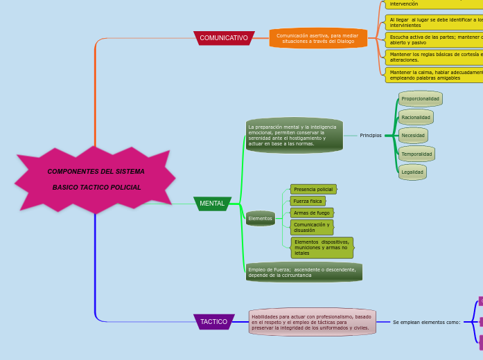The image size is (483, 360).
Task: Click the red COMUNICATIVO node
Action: pos(224,38)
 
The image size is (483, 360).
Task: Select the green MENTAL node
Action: pos(212,204)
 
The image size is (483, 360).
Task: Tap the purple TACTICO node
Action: pos(213,322)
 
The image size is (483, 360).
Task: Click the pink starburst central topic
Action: pos(96,179)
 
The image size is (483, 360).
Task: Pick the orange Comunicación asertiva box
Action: pos(317,38)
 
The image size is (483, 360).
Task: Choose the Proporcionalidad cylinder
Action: pos(421,99)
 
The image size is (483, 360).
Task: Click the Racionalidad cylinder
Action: pos(416,118)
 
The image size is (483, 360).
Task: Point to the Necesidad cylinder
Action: pos(413,136)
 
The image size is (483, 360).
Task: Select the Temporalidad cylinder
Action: pos(416,154)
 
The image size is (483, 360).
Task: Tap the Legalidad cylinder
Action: pos(412,172)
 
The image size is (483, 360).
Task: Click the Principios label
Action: pos(371,135)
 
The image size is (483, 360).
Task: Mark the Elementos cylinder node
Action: pos(261,219)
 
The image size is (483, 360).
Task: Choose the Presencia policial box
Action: pos(313,189)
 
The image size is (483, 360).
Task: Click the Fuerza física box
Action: pos(308,201)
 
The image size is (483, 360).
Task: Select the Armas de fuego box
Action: pos(312,213)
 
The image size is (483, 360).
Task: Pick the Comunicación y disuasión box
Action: pos(312,227)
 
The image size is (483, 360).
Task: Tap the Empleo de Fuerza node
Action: pos(303,272)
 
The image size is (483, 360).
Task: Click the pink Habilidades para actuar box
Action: pos(312,322)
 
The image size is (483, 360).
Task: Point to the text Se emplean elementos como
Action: pos(426,322)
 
